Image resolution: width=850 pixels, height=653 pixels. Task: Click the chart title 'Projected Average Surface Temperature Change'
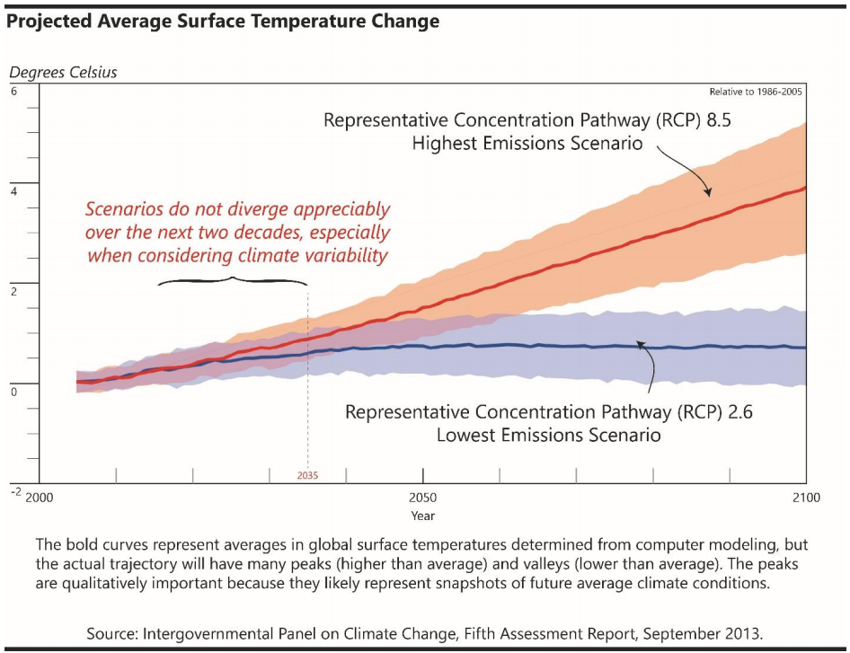click(223, 21)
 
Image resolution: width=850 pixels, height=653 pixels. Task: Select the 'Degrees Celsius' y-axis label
click(63, 72)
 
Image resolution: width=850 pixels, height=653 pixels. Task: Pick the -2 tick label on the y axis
click(15, 493)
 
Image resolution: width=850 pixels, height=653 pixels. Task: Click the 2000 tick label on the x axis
click(40, 498)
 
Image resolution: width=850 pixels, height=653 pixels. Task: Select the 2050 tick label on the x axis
click(423, 498)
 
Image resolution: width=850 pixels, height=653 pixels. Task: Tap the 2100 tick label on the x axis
click(806, 498)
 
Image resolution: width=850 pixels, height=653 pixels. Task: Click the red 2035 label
click(308, 474)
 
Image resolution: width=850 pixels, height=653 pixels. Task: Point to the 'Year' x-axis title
click(423, 516)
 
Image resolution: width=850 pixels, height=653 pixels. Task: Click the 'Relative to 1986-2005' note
click(756, 92)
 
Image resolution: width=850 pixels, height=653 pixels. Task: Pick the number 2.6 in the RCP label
click(737, 413)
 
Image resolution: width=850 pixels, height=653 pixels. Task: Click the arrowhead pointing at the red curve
click(707, 191)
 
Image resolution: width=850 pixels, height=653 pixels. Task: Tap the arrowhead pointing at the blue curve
click(641, 343)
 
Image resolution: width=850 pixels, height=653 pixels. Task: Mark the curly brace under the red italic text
click(234, 281)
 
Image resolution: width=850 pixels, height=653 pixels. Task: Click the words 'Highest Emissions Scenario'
click(527, 144)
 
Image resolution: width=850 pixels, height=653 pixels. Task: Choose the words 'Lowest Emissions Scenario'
click(549, 436)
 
